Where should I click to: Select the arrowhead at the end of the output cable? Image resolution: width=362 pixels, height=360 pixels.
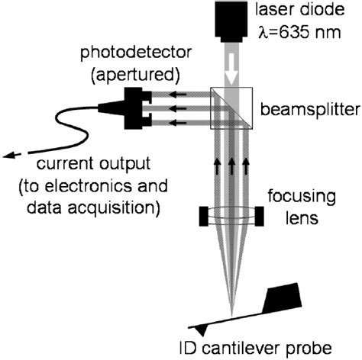click(8, 155)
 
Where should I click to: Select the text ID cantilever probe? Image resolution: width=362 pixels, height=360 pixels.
click(259, 348)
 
